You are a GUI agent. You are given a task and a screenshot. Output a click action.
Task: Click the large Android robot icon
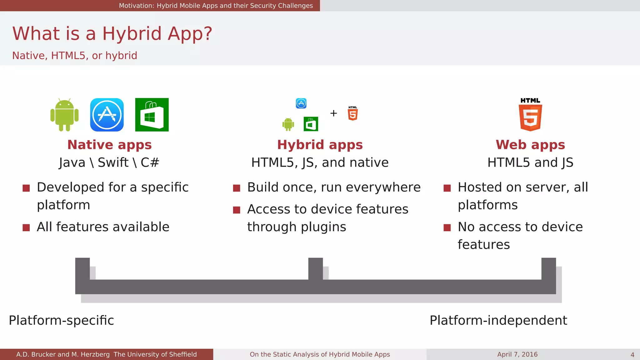[x=64, y=115]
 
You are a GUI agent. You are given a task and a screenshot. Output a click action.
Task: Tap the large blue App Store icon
[x=107, y=115]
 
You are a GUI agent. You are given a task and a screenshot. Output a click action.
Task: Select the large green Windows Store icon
[x=152, y=115]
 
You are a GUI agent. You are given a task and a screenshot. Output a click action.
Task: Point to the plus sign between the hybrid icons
[x=333, y=113]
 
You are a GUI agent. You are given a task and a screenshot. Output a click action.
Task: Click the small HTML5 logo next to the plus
[x=353, y=113]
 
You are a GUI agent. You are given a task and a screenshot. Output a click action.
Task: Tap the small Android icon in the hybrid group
[x=288, y=124]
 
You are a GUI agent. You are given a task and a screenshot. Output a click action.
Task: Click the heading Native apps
[x=109, y=145]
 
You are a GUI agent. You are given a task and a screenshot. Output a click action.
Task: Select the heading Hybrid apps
[x=320, y=145]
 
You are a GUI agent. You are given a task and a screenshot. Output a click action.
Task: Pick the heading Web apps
[x=530, y=145]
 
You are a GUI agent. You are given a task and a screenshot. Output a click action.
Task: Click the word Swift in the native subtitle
[x=113, y=162]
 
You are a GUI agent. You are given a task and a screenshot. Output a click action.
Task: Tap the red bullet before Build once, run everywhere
[x=237, y=188]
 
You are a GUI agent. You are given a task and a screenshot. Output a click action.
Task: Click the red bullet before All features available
[x=26, y=228]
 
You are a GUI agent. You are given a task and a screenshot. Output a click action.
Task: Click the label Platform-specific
[x=61, y=320]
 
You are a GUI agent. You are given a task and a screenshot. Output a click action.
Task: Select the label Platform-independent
[x=498, y=320]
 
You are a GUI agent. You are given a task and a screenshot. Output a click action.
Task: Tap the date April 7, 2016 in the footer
[x=517, y=354]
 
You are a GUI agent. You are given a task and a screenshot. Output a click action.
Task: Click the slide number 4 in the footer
[x=632, y=355]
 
